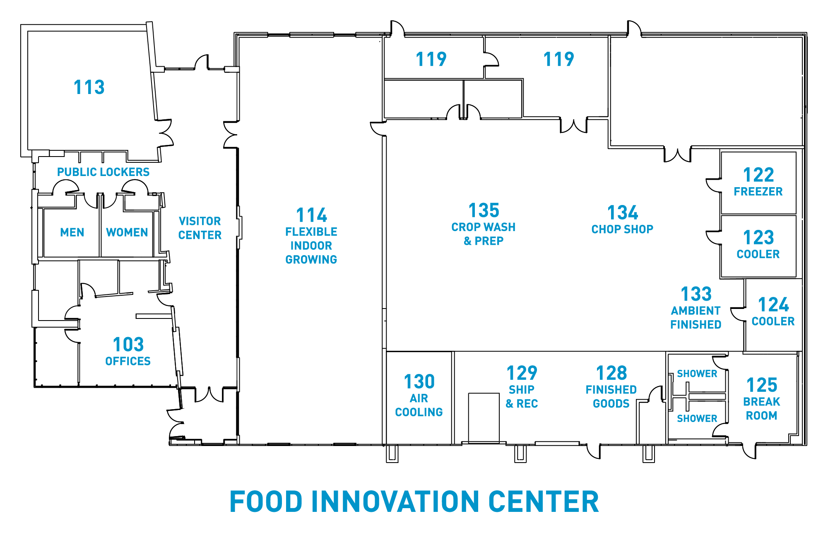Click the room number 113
[89, 87]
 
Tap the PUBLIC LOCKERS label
[103, 172]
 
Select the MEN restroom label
[72, 232]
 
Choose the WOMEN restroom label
[127, 232]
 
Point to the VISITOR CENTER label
[200, 228]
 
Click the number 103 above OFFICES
[128, 345]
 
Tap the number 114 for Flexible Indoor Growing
[312, 215]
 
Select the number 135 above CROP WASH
[484, 210]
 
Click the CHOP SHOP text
[622, 229]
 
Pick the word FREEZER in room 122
[758, 191]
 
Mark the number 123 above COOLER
[758, 238]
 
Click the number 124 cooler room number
[773, 305]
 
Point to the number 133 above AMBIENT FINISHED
[696, 294]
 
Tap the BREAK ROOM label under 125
[762, 408]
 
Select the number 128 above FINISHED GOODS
[611, 373]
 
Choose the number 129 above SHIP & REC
[522, 373]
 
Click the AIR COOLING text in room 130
[419, 405]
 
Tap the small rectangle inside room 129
[484, 417]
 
